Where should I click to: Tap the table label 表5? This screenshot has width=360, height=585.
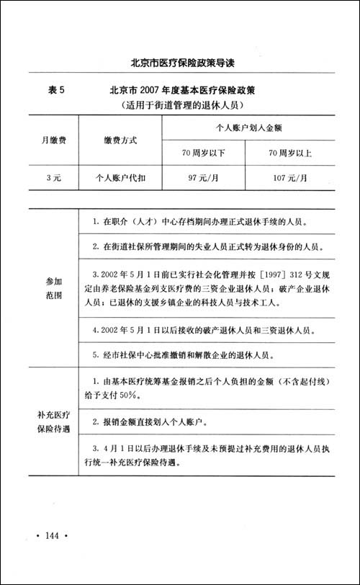pos(56,91)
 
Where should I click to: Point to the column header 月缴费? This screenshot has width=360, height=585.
pos(52,140)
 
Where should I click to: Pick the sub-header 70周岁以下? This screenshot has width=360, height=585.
pos(203,153)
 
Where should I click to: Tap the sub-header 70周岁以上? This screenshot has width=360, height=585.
pos(287,153)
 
